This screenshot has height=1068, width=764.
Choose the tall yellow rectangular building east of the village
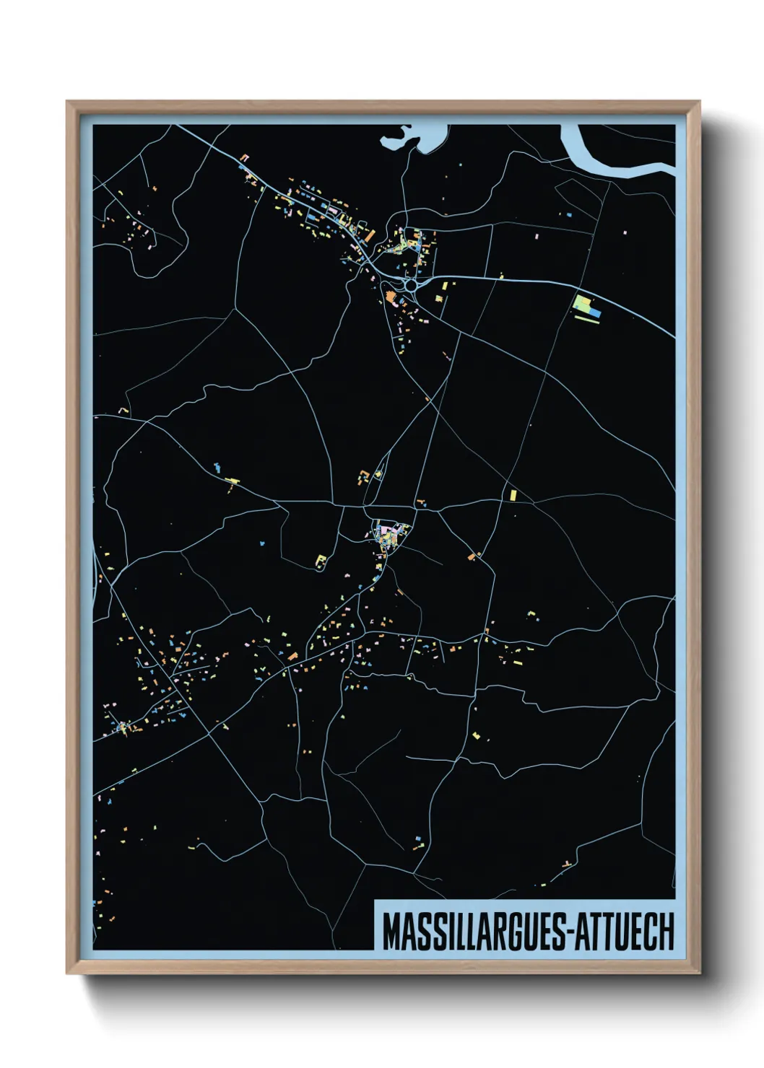[513, 495]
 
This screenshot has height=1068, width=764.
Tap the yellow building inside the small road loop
[377, 474]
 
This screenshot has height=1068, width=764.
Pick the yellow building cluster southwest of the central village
[321, 560]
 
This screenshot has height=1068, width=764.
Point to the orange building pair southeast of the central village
[474, 555]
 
